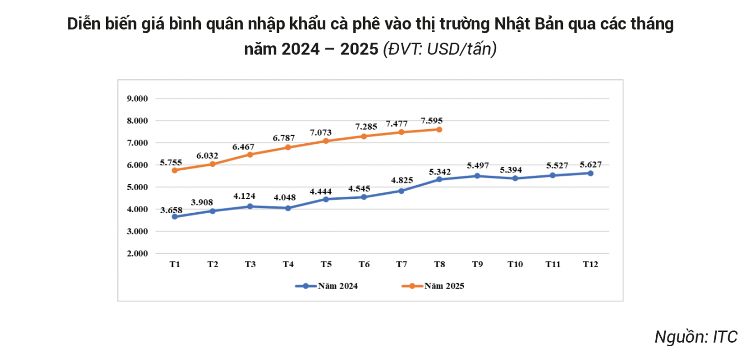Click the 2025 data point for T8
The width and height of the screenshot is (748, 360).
(x=439, y=130)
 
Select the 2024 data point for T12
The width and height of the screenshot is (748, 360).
(x=590, y=173)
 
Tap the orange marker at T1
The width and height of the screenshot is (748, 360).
(x=175, y=170)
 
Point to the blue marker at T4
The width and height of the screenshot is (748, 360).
(x=288, y=208)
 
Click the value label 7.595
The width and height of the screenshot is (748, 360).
(x=431, y=121)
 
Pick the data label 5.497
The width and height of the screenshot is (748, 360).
(x=478, y=166)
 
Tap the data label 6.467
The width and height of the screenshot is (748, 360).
(x=244, y=146)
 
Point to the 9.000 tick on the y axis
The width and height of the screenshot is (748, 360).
(x=137, y=99)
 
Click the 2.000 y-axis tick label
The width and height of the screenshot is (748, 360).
(x=137, y=253)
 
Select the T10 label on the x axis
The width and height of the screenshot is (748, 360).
(x=515, y=264)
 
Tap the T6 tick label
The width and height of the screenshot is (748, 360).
(x=364, y=264)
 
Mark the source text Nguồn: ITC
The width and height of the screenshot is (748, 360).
(x=695, y=337)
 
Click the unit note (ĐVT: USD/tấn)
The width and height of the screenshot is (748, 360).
(x=440, y=49)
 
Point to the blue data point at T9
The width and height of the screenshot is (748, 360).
(x=477, y=176)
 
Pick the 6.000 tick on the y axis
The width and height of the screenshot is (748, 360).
(x=137, y=165)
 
